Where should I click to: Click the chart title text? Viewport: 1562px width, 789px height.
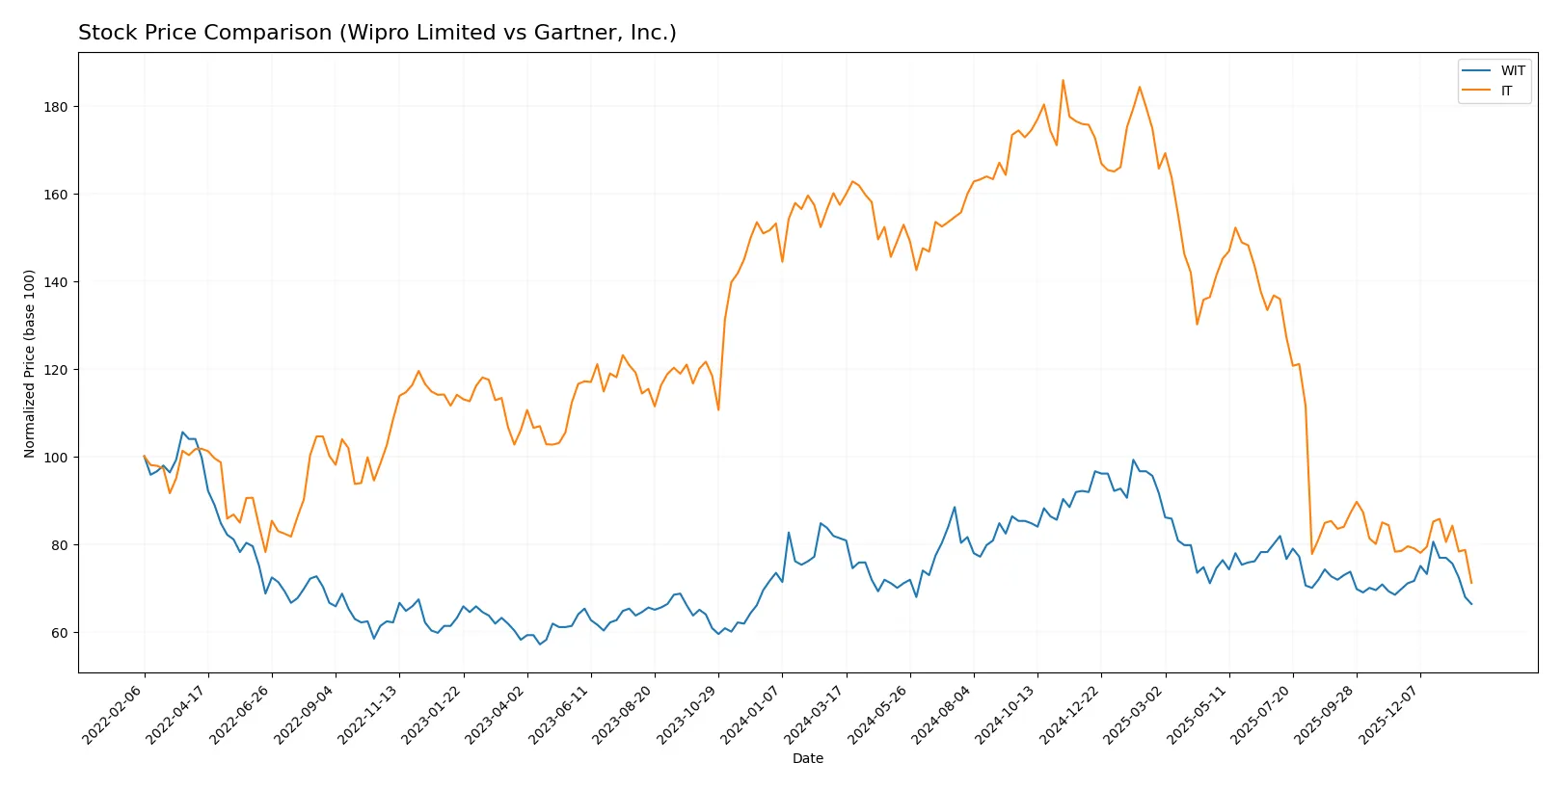pyautogui.click(x=377, y=33)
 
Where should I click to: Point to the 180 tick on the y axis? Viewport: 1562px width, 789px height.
pyautogui.click(x=56, y=107)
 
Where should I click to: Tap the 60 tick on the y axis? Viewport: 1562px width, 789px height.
pyautogui.click(x=60, y=633)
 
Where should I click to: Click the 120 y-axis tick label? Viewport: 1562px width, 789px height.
pyautogui.click(x=56, y=370)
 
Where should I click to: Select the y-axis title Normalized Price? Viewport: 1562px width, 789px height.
pyautogui.click(x=29, y=363)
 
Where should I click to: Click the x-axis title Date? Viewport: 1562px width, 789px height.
pyautogui.click(x=807, y=758)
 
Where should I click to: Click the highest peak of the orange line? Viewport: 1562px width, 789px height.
pyautogui.click(x=1063, y=81)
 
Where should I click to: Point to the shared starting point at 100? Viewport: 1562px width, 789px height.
pyautogui.click(x=145, y=457)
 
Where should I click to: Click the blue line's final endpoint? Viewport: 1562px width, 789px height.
pyautogui.click(x=1471, y=604)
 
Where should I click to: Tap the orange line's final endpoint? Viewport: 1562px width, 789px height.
pyautogui.click(x=1471, y=583)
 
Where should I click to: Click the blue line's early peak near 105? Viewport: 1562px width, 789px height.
pyautogui.click(x=183, y=433)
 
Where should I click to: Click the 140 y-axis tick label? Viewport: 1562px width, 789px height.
pyautogui.click(x=56, y=282)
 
